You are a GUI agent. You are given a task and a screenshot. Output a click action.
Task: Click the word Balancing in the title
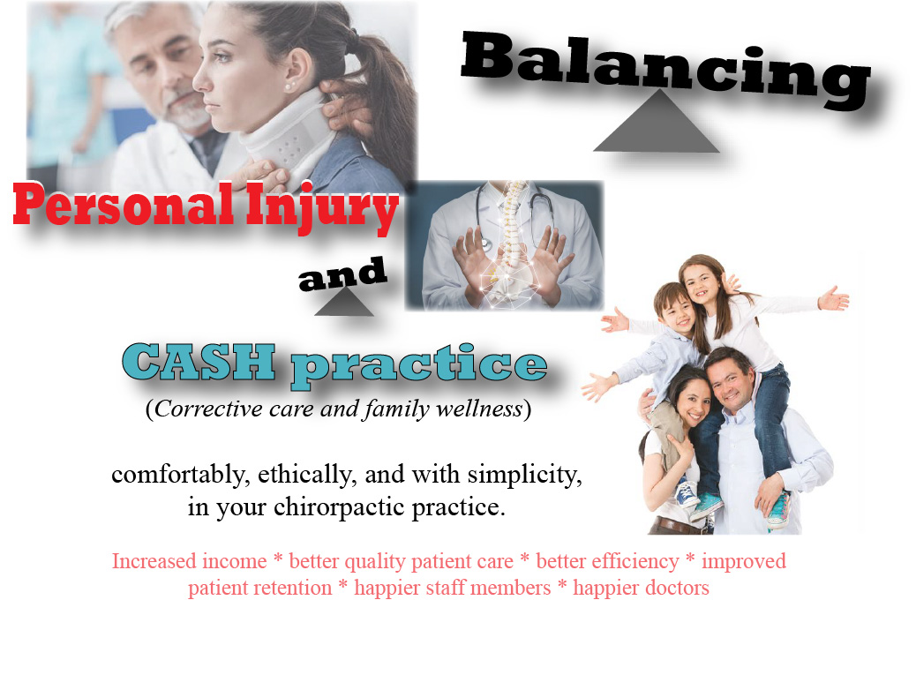[x=666, y=69]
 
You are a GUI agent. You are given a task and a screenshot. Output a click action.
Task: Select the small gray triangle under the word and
[x=344, y=303]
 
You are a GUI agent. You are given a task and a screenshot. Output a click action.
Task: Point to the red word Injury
[x=322, y=206]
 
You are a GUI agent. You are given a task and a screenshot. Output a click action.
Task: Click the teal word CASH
[x=199, y=362]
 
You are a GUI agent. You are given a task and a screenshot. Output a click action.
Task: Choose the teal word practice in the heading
[x=419, y=367]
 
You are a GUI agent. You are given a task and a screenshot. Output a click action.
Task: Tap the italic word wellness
[x=479, y=409]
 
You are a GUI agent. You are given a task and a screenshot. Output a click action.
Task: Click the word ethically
[x=307, y=475]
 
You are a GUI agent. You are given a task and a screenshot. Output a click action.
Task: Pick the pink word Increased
[x=189, y=561]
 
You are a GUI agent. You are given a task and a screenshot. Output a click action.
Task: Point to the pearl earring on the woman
[x=289, y=87]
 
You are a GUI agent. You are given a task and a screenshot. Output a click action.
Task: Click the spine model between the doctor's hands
[x=507, y=245]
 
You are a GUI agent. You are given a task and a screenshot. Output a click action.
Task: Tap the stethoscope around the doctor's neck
[x=514, y=209]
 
